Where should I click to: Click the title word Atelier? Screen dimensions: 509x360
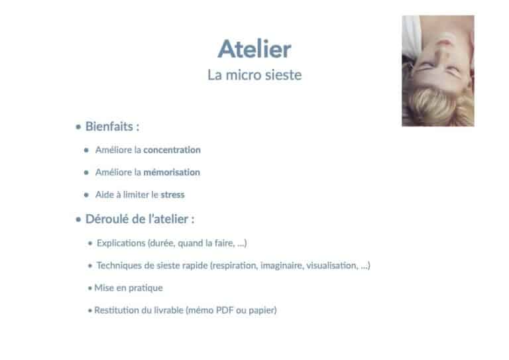pyautogui.click(x=254, y=49)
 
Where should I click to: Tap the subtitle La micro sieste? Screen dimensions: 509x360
pyautogui.click(x=254, y=75)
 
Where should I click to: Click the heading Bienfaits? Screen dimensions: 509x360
pyautogui.click(x=109, y=127)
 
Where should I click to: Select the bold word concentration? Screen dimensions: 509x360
pyautogui.click(x=172, y=150)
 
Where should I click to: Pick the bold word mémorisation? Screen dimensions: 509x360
pyautogui.click(x=172, y=172)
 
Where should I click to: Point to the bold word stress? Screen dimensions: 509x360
pyautogui.click(x=172, y=195)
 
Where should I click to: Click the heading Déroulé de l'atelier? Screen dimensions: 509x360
pyautogui.click(x=137, y=219)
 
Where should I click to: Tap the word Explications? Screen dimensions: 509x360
pyautogui.click(x=121, y=243)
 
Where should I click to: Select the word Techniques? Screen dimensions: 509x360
pyautogui.click(x=119, y=266)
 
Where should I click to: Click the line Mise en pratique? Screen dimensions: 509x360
pyautogui.click(x=129, y=288)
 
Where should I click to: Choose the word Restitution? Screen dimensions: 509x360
pyautogui.click(x=118, y=310)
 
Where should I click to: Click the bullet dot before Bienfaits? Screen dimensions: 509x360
pyautogui.click(x=78, y=127)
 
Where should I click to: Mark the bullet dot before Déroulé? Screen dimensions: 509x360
pyautogui.click(x=78, y=219)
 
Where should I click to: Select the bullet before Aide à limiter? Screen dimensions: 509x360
pyautogui.click(x=86, y=195)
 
